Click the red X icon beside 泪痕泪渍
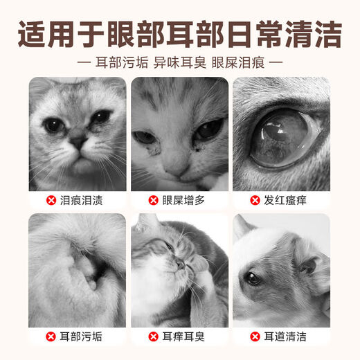pyautogui.click(x=51, y=200)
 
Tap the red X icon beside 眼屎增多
pyautogui.click(x=153, y=200)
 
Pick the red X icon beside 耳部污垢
pyautogui.click(x=51, y=337)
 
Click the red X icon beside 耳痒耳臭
pyautogui.click(x=153, y=337)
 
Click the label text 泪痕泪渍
pyautogui.click(x=84, y=200)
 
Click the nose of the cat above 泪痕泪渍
pyautogui.click(x=77, y=142)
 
